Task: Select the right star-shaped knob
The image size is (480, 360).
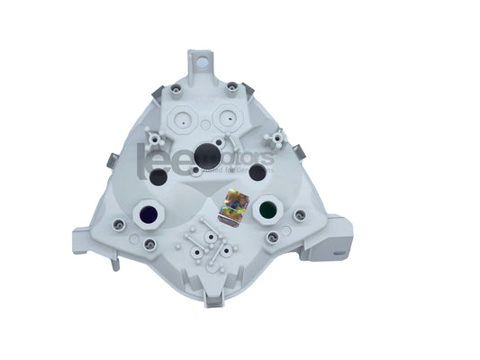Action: point(279,138)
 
